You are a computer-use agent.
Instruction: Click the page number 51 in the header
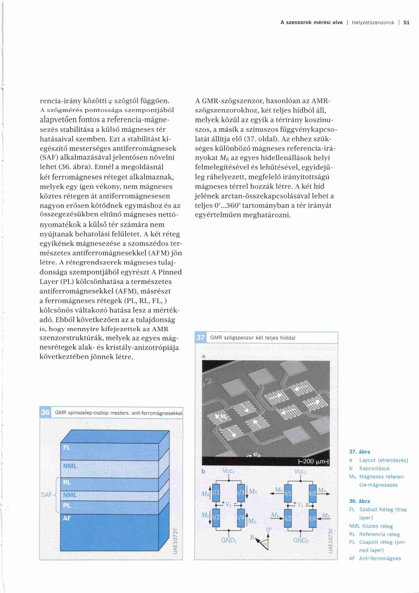click(x=406, y=23)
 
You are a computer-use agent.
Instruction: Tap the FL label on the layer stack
click(x=67, y=448)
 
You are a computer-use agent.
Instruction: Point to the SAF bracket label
click(x=46, y=495)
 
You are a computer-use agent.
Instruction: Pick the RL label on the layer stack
click(x=67, y=482)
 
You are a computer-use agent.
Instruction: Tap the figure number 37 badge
click(x=201, y=338)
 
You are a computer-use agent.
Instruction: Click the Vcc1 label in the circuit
click(x=228, y=471)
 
